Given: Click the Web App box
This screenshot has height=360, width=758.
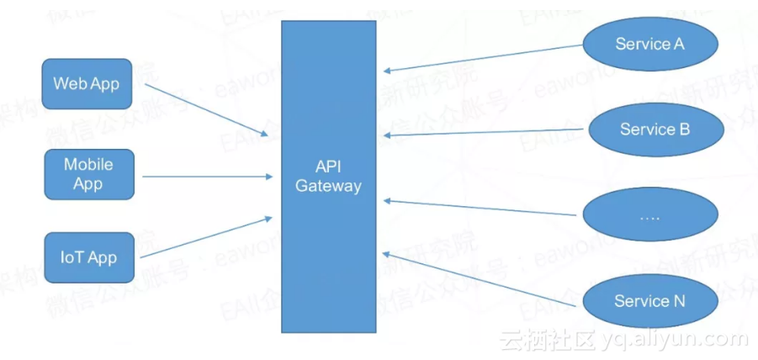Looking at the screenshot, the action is pos(87,84).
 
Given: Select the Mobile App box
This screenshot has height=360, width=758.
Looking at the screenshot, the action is pos(88,174).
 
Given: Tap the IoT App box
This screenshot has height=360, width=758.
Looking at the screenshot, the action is pos(88,257).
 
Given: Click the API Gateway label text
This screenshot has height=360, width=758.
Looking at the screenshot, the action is pos(328,176).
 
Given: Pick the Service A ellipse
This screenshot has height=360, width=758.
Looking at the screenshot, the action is pos(649,44).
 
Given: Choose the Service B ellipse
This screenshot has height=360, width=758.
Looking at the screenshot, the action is pos(655,130).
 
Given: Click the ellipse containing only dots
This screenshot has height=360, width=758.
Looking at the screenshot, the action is pos(649,215).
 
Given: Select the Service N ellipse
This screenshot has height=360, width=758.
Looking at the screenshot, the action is pos(649,301).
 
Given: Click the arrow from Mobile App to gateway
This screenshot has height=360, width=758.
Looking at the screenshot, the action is pos(206,176).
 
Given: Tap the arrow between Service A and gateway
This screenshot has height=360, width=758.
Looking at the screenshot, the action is pos(484,57).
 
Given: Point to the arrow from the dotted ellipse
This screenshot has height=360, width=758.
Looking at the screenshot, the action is pos(484,208).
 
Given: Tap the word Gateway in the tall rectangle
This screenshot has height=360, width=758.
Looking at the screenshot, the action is pos(328,186).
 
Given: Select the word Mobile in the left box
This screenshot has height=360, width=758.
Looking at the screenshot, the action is pos(88,165).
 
